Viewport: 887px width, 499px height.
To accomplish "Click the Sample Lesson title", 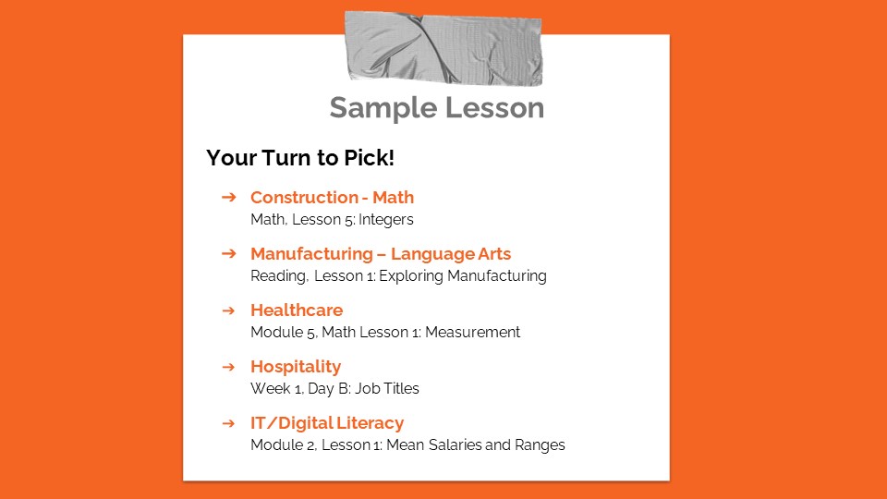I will (x=436, y=108).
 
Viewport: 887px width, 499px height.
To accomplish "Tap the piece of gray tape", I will (x=443, y=47).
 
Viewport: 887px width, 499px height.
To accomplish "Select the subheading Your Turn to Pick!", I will (x=300, y=158).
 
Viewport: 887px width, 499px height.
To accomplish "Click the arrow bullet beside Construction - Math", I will (x=229, y=198).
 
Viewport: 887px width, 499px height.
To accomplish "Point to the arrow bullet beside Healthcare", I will (x=229, y=310).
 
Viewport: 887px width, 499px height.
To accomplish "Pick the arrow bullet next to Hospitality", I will (x=229, y=367).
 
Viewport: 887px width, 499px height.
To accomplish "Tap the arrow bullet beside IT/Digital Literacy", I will (x=229, y=423).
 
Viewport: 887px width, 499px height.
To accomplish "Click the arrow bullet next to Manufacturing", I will (x=229, y=254).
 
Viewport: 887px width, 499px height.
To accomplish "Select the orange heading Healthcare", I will (x=297, y=310).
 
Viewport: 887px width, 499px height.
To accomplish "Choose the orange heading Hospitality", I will (x=296, y=367).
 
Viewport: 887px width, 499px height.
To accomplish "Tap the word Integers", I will (x=386, y=220).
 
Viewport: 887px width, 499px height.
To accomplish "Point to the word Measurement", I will (x=472, y=333).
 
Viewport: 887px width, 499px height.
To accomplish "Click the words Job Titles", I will (x=386, y=389).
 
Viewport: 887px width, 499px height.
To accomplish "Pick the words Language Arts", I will (x=451, y=254).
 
